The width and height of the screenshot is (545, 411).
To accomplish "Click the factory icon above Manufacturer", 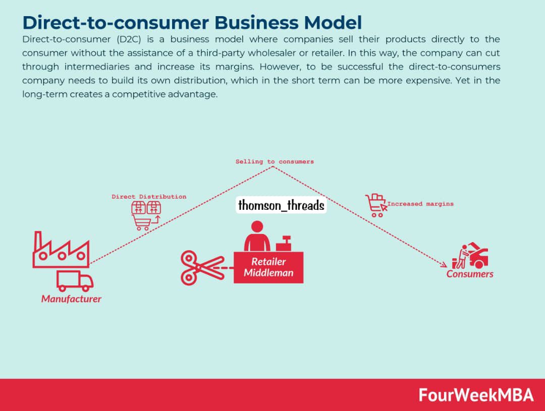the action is click(x=61, y=250).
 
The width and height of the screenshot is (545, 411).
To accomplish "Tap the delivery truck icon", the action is click(x=75, y=281).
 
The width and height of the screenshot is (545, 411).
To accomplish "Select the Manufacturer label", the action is click(x=71, y=299).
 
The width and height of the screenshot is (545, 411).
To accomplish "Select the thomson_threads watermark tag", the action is click(x=281, y=206).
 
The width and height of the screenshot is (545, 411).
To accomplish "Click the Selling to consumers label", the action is click(x=275, y=162).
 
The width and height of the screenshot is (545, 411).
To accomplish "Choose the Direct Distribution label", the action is click(x=149, y=197).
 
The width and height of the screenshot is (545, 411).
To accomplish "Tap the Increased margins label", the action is click(x=420, y=204).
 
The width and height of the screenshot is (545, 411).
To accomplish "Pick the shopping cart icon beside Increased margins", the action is click(x=375, y=205).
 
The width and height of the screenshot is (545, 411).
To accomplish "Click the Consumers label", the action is click(x=470, y=274).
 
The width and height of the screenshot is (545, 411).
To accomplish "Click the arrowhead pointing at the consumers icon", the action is click(x=444, y=265).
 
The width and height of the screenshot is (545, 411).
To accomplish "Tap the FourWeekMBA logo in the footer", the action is click(x=476, y=395).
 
